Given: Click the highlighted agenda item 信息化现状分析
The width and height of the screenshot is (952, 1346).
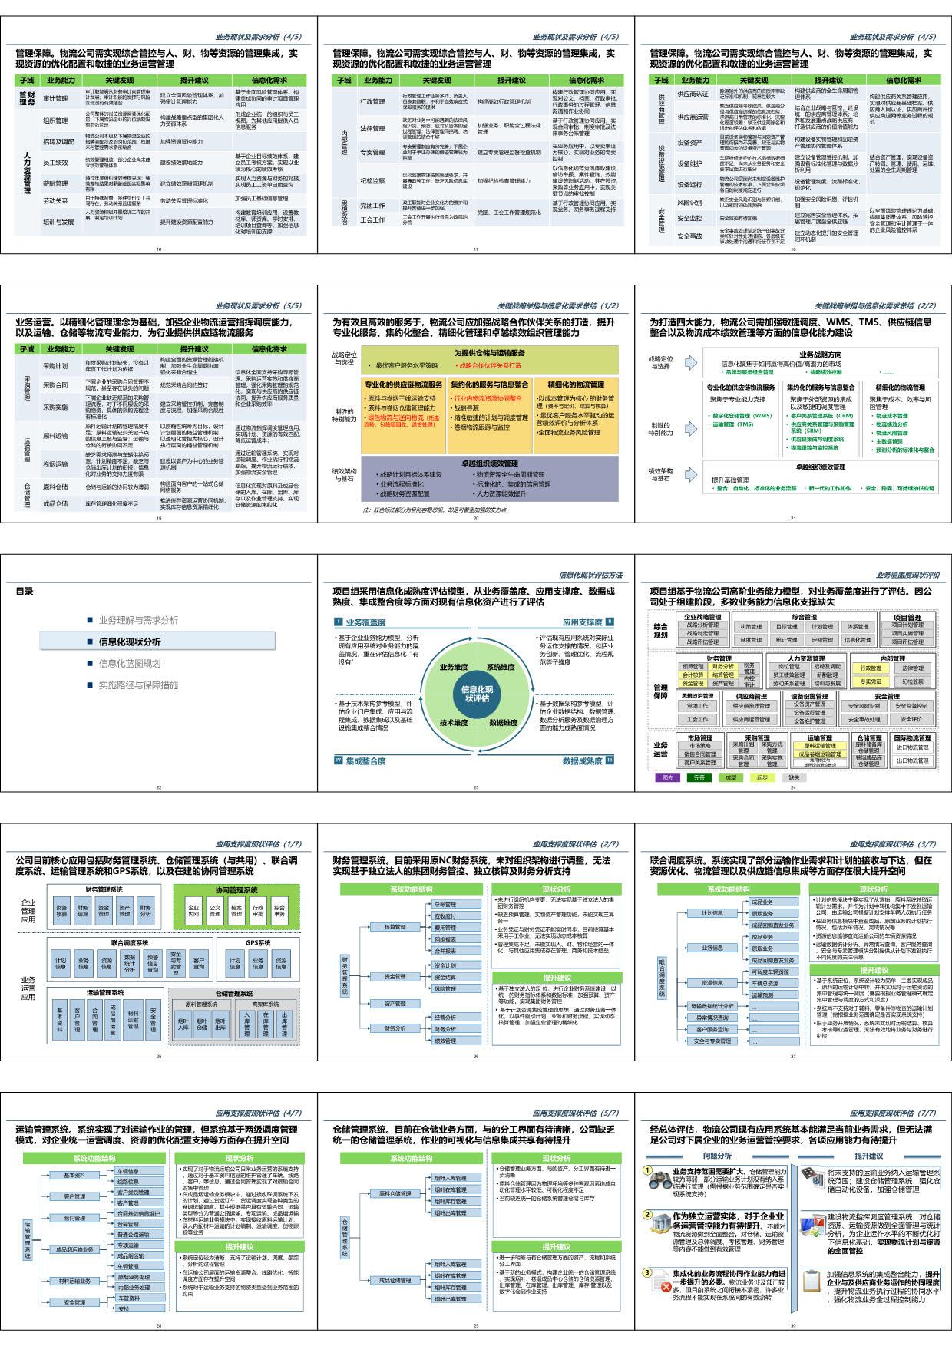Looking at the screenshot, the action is click(x=129, y=642).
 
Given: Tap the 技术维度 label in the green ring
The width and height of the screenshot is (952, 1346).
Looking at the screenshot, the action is click(x=453, y=722).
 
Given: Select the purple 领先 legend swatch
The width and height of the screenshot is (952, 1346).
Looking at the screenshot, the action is click(x=667, y=777).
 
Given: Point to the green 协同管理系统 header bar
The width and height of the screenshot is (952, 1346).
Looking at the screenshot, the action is click(x=236, y=890).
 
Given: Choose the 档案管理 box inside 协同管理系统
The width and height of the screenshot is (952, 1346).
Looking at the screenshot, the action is click(x=236, y=911).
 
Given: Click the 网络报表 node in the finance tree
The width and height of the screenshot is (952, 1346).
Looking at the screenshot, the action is click(x=445, y=939).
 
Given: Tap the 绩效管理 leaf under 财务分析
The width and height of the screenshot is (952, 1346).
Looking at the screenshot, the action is click(x=445, y=1041).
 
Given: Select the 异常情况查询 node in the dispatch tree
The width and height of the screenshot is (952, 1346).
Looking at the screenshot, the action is click(x=712, y=1018).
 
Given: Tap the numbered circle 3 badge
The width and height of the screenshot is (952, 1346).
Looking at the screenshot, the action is click(x=647, y=1272).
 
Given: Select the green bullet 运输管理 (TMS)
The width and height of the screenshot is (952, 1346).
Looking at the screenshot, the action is click(x=733, y=424).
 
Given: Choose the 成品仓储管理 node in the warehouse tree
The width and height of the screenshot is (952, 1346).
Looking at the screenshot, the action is click(x=395, y=1280).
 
